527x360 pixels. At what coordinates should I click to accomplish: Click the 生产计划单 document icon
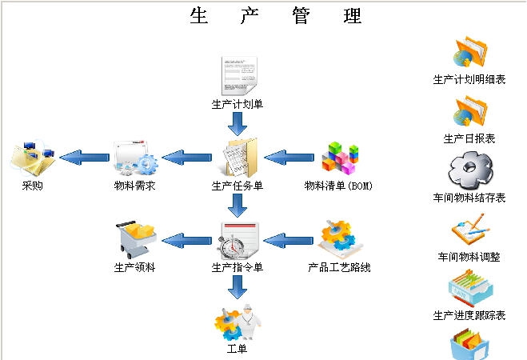point(238,76)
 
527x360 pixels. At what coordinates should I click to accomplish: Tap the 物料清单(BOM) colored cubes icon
point(339,158)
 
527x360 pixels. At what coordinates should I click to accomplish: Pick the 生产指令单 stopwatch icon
point(238,238)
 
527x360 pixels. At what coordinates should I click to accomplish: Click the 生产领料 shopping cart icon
point(135,238)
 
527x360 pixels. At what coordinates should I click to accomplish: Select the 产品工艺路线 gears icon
point(339,238)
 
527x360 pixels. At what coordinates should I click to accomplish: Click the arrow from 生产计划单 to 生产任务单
point(238,124)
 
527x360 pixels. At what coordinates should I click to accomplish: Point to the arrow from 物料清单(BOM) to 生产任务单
point(288,157)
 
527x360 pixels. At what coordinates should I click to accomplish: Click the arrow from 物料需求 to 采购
point(84,157)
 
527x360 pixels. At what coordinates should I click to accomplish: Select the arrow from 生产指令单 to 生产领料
point(186,238)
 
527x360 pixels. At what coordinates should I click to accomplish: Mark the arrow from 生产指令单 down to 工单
point(238,287)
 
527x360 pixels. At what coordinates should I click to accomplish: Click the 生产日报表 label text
point(469,138)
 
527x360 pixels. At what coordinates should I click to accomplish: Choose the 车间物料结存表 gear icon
point(469,169)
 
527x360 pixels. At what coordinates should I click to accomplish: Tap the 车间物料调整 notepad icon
point(469,230)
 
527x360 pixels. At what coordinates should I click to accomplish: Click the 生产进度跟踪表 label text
point(469,315)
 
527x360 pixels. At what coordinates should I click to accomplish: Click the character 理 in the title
point(352,15)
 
